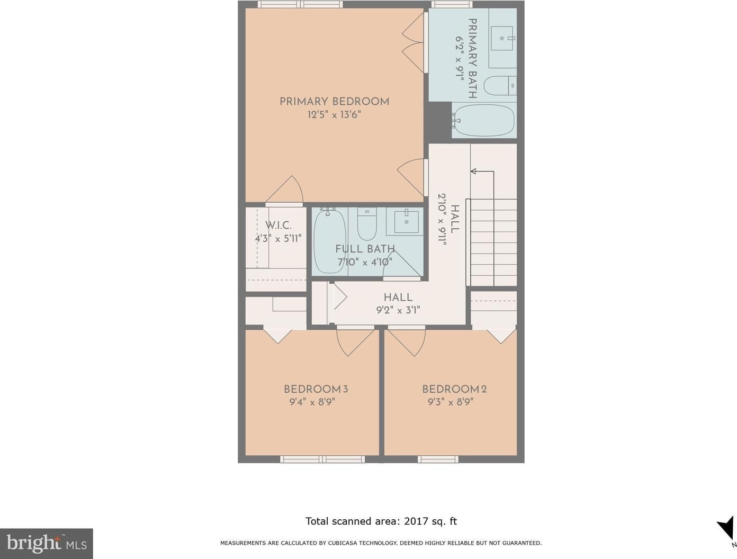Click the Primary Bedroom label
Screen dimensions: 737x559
pyautogui.click(x=335, y=102)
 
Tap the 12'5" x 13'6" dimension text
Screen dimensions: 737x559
pyautogui.click(x=335, y=115)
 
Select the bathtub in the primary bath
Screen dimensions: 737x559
pyautogui.click(x=483, y=120)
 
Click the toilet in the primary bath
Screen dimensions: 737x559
pyautogui.click(x=500, y=85)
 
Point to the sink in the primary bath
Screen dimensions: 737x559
pyautogui.click(x=502, y=38)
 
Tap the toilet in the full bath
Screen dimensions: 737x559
pyautogui.click(x=367, y=223)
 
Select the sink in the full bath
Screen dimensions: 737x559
pyautogui.click(x=406, y=222)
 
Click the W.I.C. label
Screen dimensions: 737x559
pyautogui.click(x=278, y=225)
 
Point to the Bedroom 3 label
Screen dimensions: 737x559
pyautogui.click(x=316, y=389)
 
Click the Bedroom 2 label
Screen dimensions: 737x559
pyautogui.click(x=454, y=389)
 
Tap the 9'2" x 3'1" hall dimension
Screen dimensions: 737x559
pyautogui.click(x=398, y=310)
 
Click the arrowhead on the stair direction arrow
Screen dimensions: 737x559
pyautogui.click(x=473, y=171)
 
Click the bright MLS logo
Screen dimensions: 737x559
pyautogui.click(x=47, y=544)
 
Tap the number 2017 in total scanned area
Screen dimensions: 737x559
pyautogui.click(x=416, y=521)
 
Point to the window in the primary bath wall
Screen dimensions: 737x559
pyautogui.click(x=452, y=4)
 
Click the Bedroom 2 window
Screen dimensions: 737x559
pyautogui.click(x=438, y=459)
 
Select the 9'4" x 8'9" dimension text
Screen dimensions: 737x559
pyautogui.click(x=312, y=402)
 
